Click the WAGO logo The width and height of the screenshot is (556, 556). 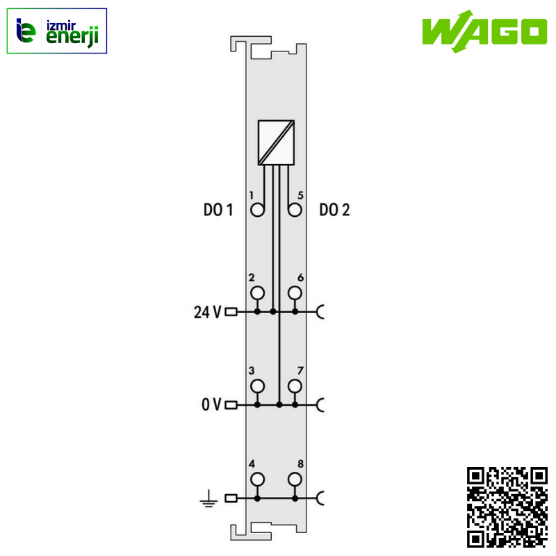click(x=484, y=32)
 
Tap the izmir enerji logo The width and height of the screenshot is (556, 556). click(x=57, y=31)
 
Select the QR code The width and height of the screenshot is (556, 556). click(x=507, y=507)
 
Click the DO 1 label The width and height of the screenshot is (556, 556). click(x=218, y=211)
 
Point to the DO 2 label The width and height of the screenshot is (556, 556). click(x=335, y=211)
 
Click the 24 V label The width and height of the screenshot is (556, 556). click(x=207, y=312)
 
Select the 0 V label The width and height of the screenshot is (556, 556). click(x=211, y=404)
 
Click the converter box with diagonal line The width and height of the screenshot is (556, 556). click(x=276, y=142)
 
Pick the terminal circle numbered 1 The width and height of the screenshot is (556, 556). click(x=258, y=210)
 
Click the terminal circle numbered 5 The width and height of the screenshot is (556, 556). click(x=295, y=210)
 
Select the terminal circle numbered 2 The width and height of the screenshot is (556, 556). click(x=258, y=293)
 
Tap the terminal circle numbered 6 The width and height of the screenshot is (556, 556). click(x=295, y=293)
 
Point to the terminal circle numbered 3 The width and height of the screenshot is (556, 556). click(x=258, y=386)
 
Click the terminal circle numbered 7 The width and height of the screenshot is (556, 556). click(x=295, y=386)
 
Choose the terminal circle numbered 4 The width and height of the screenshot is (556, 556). click(x=258, y=479)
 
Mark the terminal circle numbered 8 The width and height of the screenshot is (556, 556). click(x=295, y=479)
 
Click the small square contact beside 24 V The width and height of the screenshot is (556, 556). click(x=231, y=312)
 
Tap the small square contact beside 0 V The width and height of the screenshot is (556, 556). click(x=231, y=404)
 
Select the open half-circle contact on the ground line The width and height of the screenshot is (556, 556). click(x=321, y=498)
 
